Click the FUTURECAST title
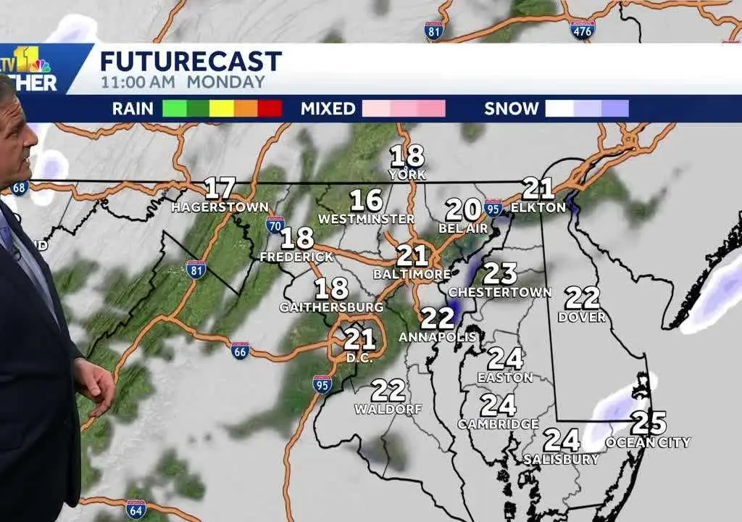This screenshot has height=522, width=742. (191, 61)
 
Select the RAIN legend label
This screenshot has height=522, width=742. (133, 109)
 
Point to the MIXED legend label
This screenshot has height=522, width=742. (328, 109)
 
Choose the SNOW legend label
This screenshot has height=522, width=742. (512, 109)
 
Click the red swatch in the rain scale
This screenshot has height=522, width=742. (270, 109)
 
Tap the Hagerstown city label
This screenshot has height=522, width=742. (220, 207)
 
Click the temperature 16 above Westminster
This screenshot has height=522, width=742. (366, 200)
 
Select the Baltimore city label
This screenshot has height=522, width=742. (412, 274)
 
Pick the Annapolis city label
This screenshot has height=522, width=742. (438, 336)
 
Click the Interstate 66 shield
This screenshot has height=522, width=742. (241, 350)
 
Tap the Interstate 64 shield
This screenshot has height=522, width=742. (135, 508)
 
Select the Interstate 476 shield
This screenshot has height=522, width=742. (582, 29)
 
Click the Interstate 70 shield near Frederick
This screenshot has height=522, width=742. (275, 224)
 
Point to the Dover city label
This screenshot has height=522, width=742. (581, 317)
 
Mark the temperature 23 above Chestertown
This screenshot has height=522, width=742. (500, 273)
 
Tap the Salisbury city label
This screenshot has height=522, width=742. (562, 459)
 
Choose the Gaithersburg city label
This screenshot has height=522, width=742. (331, 307)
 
